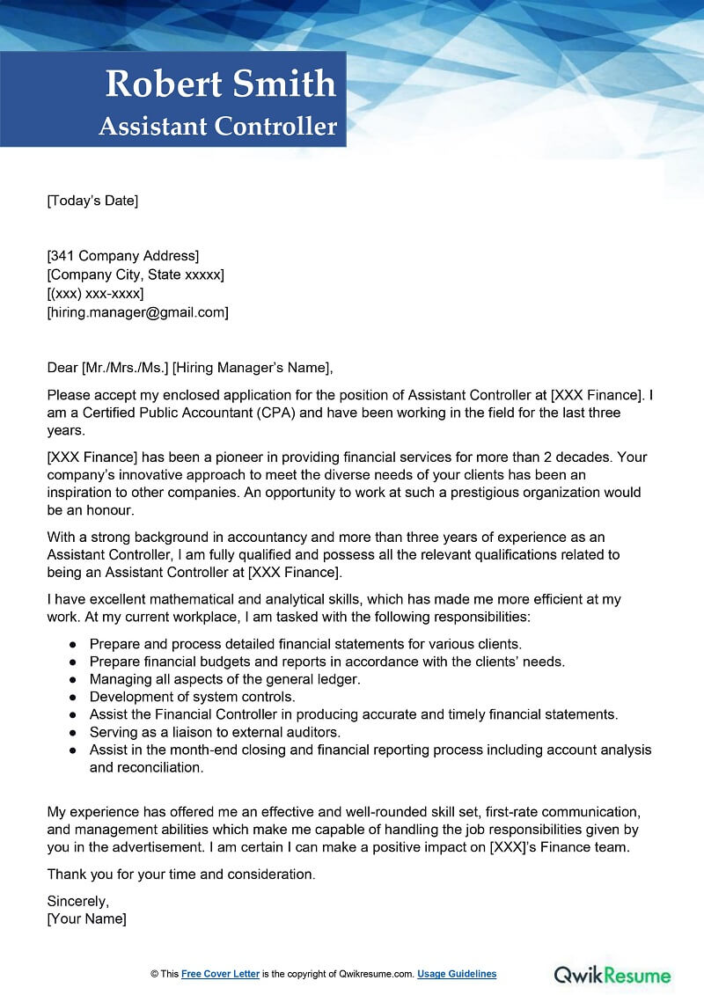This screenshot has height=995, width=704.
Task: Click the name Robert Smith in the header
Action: pyautogui.click(x=221, y=84)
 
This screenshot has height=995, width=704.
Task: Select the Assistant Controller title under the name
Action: pyautogui.click(x=218, y=127)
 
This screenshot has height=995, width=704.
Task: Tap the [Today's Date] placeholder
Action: pyautogui.click(x=92, y=201)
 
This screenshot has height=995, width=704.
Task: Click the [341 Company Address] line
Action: pyautogui.click(x=123, y=256)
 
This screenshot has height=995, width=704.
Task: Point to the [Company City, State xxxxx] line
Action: pyautogui.click(x=136, y=274)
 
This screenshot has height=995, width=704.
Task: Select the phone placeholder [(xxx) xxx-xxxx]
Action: pyautogui.click(x=95, y=293)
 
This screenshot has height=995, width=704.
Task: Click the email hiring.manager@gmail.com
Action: pyautogui.click(x=138, y=312)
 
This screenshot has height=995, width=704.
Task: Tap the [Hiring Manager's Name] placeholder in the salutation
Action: pyautogui.click(x=253, y=368)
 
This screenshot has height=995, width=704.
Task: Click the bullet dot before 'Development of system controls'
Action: pyautogui.click(x=73, y=697)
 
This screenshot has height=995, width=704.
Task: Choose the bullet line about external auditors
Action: pyautogui.click(x=215, y=732)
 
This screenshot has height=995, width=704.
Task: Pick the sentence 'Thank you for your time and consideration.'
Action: pyautogui.click(x=180, y=874)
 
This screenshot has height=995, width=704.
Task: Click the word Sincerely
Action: pyautogui.click(x=77, y=902)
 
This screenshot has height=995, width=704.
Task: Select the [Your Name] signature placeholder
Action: pyautogui.click(x=86, y=919)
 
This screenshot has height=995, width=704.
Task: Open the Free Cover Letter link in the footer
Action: pyautogui.click(x=220, y=974)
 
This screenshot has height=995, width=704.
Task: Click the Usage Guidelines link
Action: pyautogui.click(x=457, y=974)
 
